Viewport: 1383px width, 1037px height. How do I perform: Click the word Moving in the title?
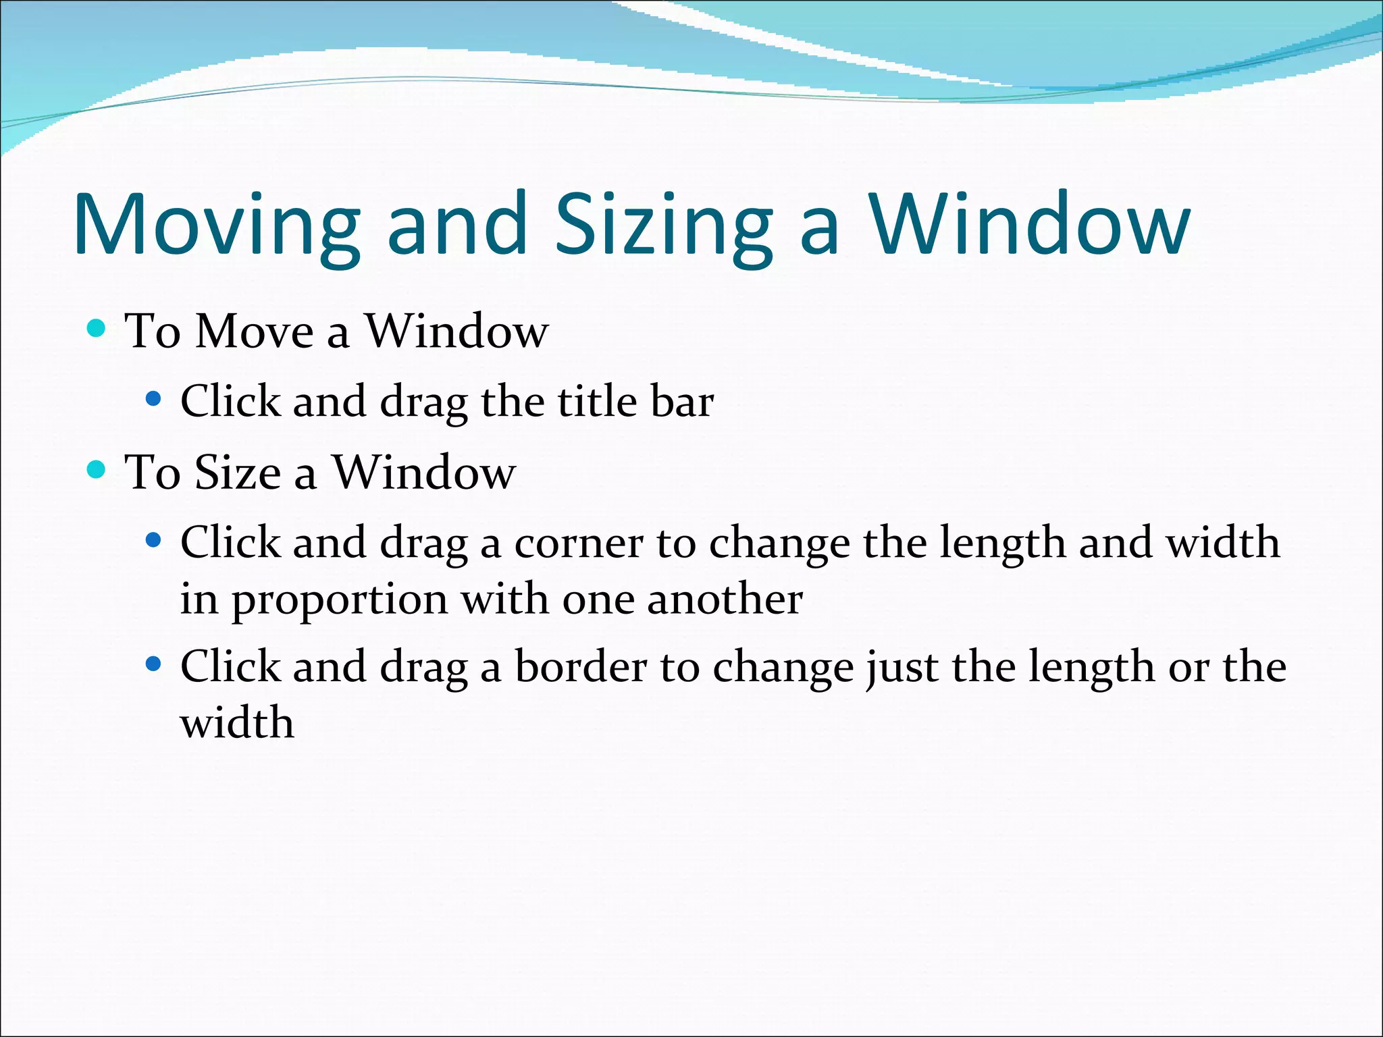point(216,226)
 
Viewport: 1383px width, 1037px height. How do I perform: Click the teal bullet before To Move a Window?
point(97,329)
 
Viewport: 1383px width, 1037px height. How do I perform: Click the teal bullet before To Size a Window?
point(97,469)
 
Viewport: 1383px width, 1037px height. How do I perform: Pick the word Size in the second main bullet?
point(237,472)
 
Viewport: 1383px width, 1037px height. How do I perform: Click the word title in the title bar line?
point(597,402)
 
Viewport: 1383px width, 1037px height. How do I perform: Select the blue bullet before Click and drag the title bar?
point(153,399)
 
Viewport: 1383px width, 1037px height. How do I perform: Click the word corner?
point(579,544)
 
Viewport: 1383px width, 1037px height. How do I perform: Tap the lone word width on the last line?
point(237,723)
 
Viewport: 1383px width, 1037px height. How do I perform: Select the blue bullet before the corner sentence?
point(153,540)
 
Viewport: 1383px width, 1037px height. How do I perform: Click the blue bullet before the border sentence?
point(153,664)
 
